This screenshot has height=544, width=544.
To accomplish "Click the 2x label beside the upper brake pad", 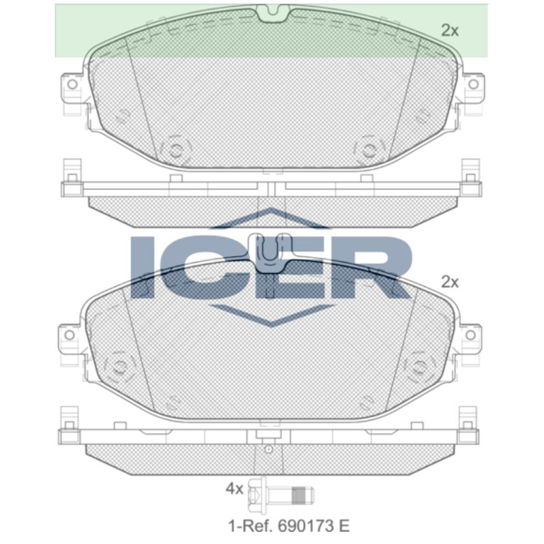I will [450, 31].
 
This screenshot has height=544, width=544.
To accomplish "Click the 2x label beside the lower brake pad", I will [450, 282].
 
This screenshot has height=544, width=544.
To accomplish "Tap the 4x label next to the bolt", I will [234, 489].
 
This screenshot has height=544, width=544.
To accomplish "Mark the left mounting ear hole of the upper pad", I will [71, 84].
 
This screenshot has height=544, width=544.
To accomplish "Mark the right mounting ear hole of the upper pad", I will [473, 84].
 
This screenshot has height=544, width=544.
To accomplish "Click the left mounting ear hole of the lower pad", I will [69, 334].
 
